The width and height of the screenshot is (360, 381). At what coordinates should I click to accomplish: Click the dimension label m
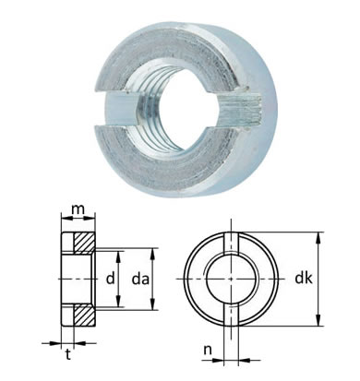coord(78,209)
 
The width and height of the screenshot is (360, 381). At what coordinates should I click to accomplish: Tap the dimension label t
coord(68,354)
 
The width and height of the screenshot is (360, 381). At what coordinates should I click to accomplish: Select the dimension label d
coord(110,279)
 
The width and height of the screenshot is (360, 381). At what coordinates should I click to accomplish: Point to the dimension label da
coord(140,279)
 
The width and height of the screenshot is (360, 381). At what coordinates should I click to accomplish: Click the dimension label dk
coord(304,278)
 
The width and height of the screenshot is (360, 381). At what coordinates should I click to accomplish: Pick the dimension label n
coord(209,350)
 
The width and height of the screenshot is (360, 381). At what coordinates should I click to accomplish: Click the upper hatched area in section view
coord(84,243)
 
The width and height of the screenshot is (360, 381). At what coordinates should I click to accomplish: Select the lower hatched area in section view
coord(84,315)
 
